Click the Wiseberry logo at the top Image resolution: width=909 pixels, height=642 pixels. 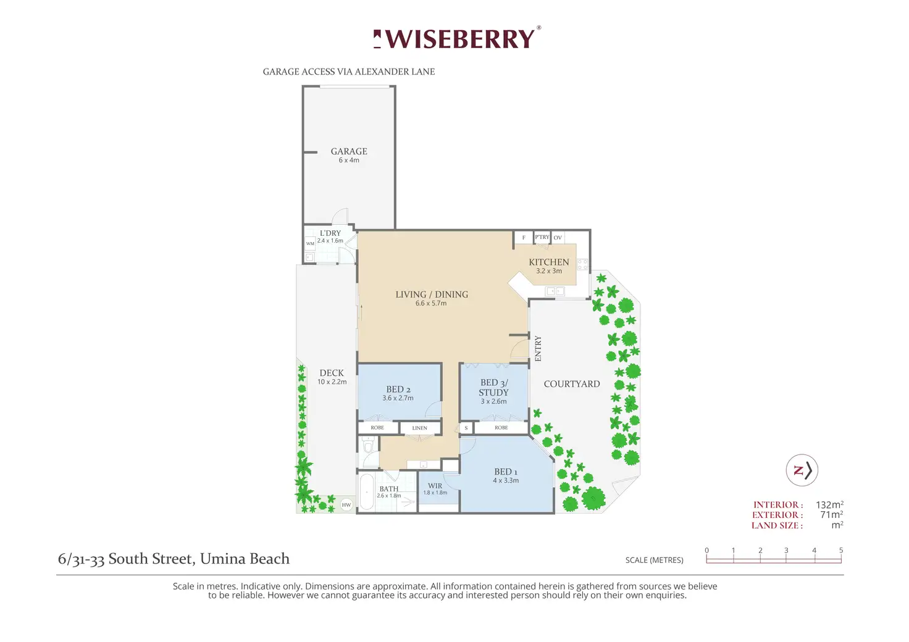457,38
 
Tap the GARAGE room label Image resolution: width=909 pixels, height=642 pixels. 349,151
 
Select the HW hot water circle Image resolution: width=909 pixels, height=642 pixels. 346,505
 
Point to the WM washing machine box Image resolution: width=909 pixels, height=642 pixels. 310,243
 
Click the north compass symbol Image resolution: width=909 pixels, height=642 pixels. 802,470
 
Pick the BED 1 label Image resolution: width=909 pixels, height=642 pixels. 506,472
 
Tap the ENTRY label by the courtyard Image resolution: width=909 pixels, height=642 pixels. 538,348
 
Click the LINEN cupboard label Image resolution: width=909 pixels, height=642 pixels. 419,428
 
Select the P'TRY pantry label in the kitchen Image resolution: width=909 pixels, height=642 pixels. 542,237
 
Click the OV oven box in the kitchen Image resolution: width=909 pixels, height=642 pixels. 558,237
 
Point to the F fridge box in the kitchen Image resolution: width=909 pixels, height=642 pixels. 524,238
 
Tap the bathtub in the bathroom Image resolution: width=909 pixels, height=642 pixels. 366,491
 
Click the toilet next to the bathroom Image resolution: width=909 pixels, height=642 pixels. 368,446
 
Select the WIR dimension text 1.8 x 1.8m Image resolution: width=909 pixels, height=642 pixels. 435,493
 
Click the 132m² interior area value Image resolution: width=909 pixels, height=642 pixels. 829,504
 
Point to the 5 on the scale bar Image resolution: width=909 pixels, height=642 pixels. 841,551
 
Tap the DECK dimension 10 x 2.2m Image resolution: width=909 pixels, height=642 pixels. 332,381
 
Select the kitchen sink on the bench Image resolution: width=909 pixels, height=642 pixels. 555,291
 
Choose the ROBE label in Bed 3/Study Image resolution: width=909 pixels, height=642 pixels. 501,427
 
